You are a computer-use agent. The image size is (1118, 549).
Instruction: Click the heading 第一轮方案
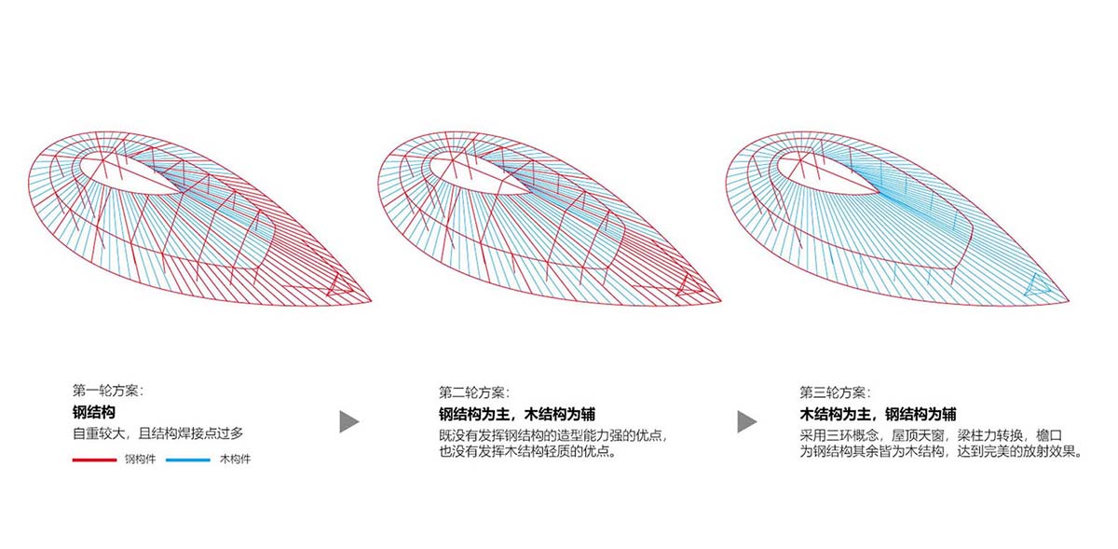108,391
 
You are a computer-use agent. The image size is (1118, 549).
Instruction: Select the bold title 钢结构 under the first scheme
93,412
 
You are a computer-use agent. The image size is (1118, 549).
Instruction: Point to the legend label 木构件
235,460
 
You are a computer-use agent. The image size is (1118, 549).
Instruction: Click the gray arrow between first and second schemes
348,421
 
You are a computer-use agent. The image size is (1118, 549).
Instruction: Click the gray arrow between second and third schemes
746,421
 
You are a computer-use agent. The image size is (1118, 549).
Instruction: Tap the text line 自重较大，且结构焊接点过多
158,434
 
